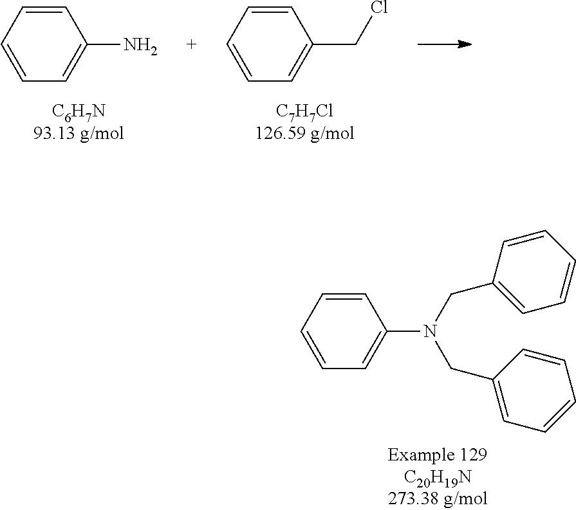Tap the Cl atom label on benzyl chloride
coord(379,7)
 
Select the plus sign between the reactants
coord(191,44)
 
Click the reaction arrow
coord(445,44)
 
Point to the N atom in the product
coord(430,331)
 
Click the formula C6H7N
coord(79,112)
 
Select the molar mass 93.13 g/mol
coord(79,133)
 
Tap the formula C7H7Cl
coord(304,112)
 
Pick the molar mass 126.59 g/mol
coord(304,133)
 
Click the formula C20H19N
coord(438,478)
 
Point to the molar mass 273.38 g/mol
coord(438,498)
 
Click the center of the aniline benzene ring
coord(44,44)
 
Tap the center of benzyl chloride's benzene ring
coord(270,44)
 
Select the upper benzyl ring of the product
coord(534,272)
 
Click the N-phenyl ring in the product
coord(344,331)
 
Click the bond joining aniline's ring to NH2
coord(104,44)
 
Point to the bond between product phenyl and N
coord(404,331)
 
